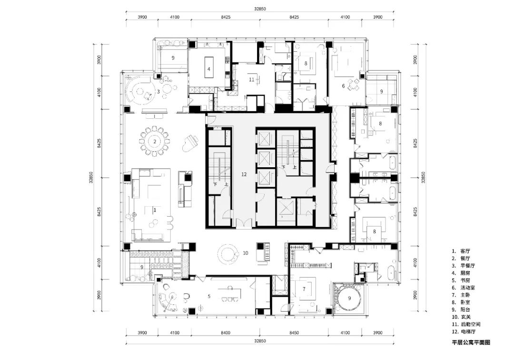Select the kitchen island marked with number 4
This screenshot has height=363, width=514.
(208, 67)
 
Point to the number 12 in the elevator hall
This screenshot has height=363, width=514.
(244, 174)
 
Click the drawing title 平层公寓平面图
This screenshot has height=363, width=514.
(471, 343)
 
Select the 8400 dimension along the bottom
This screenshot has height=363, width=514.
(225, 333)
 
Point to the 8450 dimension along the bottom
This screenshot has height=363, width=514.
(294, 333)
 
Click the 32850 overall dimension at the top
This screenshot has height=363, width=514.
(260, 9)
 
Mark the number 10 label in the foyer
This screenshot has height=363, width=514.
(246, 253)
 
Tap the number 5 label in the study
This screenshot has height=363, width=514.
(209, 296)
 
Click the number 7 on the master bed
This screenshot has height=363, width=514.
(304, 289)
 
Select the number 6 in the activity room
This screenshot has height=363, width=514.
(343, 86)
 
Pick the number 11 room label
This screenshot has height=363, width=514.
(251, 79)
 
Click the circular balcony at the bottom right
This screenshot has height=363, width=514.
(349, 298)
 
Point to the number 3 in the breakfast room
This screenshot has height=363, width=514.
(158, 92)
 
